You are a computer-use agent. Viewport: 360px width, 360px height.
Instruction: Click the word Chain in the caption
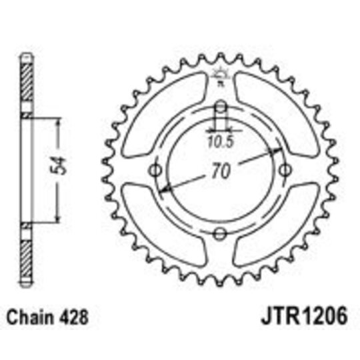[29, 315]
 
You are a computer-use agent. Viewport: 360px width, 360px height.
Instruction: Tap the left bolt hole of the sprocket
[157, 170]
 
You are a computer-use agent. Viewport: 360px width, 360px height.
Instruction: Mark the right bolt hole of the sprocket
[284, 170]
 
